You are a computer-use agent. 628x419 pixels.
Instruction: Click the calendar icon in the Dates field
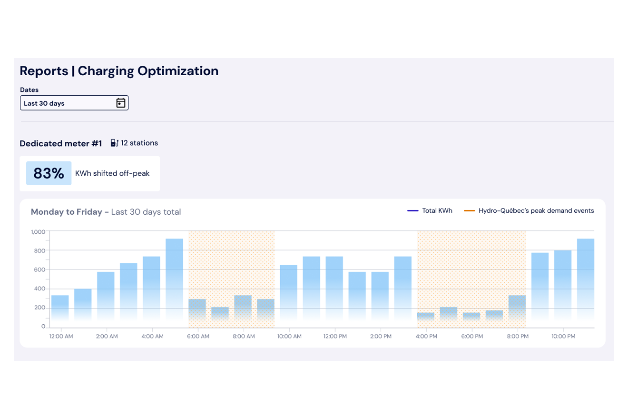(x=121, y=103)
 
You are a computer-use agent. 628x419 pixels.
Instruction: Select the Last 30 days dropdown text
(x=44, y=103)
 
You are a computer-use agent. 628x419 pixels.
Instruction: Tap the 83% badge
(x=49, y=173)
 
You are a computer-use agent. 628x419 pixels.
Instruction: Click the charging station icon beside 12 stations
(x=114, y=143)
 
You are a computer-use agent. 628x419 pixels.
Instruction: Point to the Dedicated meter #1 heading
(x=60, y=143)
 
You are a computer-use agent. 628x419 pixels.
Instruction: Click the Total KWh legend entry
(x=430, y=210)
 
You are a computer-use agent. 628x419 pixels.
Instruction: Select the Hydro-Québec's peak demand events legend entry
(x=529, y=210)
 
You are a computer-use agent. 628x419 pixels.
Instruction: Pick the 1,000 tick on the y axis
(x=38, y=232)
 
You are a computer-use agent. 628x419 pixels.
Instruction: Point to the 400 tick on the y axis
(x=39, y=289)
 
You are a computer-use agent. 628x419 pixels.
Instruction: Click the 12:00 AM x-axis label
(x=61, y=336)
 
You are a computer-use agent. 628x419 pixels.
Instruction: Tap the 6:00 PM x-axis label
(x=472, y=336)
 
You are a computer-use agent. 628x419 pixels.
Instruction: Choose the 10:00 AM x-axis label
(x=289, y=336)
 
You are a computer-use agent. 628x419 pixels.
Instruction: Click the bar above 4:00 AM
(x=151, y=289)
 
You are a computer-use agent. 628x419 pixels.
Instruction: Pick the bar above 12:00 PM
(x=334, y=289)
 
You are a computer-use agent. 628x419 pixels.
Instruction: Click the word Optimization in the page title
(x=178, y=71)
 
